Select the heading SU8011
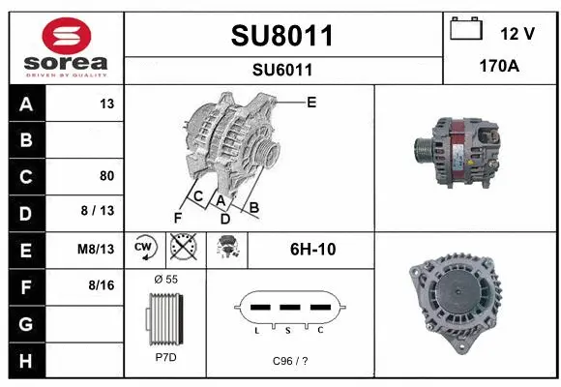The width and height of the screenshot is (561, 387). [282, 36]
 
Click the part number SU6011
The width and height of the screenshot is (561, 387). [282, 69]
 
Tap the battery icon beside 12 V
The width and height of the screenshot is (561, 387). [466, 31]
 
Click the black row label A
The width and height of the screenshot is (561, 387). [25, 104]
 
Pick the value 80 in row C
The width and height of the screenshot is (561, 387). [106, 176]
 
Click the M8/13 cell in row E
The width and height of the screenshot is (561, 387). [97, 249]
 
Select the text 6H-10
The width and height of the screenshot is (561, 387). [312, 249]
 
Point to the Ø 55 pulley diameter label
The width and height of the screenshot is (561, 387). [166, 279]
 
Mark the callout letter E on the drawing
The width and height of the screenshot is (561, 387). [310, 101]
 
